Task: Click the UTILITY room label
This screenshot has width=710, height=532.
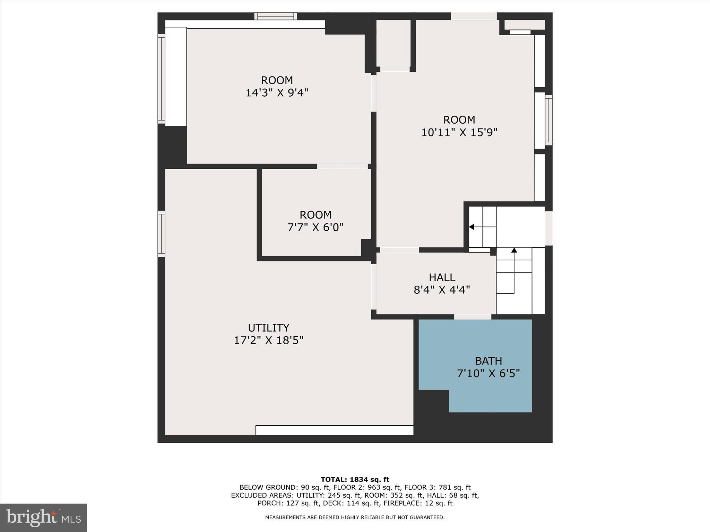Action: tap(268, 328)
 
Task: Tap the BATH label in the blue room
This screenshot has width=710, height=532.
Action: tap(488, 361)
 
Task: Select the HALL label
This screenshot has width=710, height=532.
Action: tap(442, 277)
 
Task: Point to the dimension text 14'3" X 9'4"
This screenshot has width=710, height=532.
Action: tap(277, 93)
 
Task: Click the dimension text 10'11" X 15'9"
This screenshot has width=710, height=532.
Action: tap(459, 132)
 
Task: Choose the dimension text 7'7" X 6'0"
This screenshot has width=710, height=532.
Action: tap(315, 228)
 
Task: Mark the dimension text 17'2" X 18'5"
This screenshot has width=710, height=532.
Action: tap(268, 340)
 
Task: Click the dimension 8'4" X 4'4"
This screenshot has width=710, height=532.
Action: tap(442, 290)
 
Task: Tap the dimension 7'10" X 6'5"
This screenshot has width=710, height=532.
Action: tap(488, 374)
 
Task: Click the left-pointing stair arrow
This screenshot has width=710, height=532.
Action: tap(471, 227)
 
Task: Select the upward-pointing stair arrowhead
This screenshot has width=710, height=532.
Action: tap(514, 250)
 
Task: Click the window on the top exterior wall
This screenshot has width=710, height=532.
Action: tap(276, 16)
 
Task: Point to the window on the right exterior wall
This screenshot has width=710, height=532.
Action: tap(548, 120)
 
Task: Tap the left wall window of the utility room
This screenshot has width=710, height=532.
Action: tap(161, 233)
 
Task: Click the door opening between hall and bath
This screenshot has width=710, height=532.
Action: tap(473, 317)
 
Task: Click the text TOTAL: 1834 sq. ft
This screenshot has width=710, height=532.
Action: tap(355, 480)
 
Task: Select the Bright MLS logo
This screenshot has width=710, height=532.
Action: tap(43, 518)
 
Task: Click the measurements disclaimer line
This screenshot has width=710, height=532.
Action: tap(355, 517)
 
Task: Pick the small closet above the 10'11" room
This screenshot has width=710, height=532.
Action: tap(393, 43)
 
